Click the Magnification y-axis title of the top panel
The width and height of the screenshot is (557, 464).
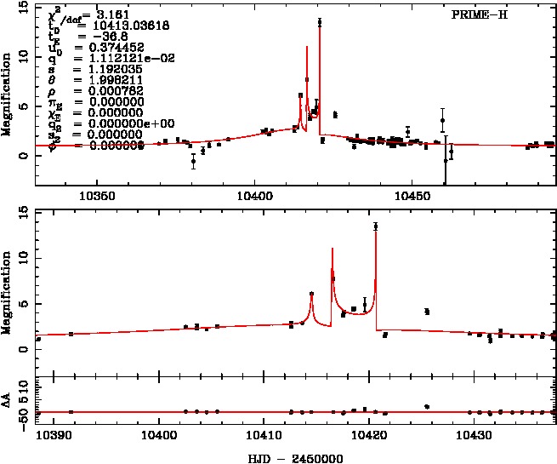point(7,94)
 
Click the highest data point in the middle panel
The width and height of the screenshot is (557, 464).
point(375,226)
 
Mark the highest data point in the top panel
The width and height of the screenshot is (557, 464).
point(320,23)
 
